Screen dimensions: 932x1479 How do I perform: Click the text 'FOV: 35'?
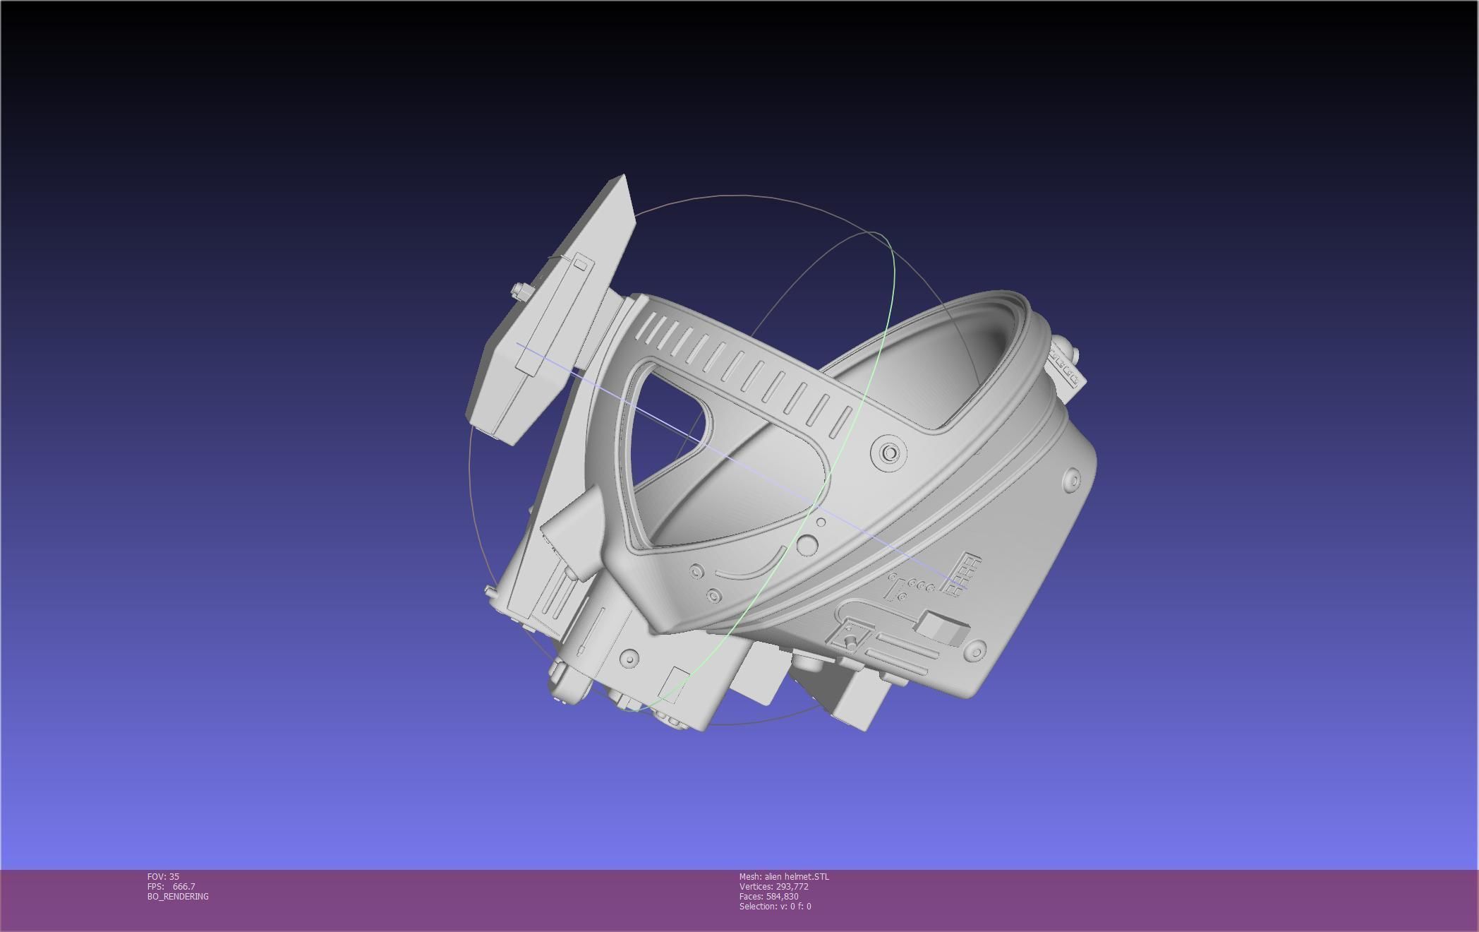[163, 876]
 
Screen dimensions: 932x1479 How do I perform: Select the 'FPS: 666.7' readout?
[171, 886]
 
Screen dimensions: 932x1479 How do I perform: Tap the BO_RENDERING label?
[178, 896]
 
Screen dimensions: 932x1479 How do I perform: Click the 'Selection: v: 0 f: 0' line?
[775, 906]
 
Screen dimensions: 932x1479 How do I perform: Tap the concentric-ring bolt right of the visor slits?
[889, 452]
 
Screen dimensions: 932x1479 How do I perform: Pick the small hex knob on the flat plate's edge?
[520, 291]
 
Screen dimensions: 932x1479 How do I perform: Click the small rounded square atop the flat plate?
[580, 265]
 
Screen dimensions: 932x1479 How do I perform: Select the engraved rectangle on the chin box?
[677, 683]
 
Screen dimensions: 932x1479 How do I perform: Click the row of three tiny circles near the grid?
[921, 585]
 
